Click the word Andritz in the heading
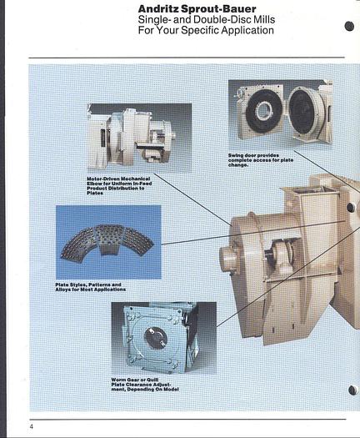pos(158,9)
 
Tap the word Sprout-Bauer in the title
pos(218,9)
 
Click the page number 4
pos(32,426)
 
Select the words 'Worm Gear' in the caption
pos(125,380)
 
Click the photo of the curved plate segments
pos(108,242)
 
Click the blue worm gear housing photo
pos(164,338)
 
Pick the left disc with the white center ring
pos(262,110)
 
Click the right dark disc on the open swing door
pos(302,111)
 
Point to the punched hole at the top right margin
pos(350,27)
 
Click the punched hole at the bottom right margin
pos(352,390)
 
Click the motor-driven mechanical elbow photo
pos(139,138)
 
